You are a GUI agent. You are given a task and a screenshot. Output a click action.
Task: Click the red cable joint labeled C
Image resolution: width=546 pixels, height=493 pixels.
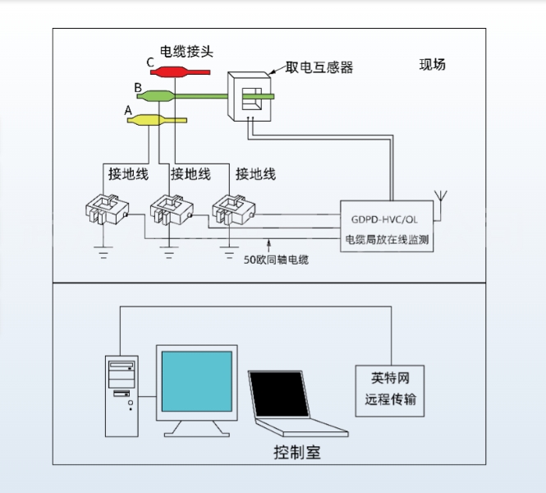coord(175,72)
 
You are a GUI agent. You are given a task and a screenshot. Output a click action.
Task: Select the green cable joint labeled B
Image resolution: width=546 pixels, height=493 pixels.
coord(156,96)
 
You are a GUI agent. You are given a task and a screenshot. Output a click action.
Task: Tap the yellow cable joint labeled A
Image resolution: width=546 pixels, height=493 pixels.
coord(148,121)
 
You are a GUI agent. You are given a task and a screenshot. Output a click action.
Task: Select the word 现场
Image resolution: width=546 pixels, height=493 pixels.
coord(432,65)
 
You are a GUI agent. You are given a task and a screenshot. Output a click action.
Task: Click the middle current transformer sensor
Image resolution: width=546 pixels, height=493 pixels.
coord(170,210)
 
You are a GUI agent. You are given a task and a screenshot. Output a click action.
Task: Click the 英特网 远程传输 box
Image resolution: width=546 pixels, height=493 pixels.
coord(390,391)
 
